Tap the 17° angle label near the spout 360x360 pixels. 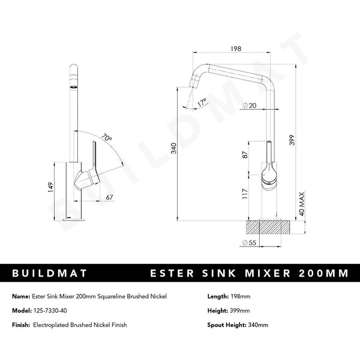pyautogui.click(x=201, y=103)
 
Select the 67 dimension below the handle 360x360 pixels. pyautogui.click(x=110, y=197)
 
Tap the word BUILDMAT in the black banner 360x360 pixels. pyautogui.click(x=50, y=273)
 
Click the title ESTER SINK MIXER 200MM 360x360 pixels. pyautogui.click(x=248, y=273)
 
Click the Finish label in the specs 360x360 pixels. pyautogui.click(x=22, y=325)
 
